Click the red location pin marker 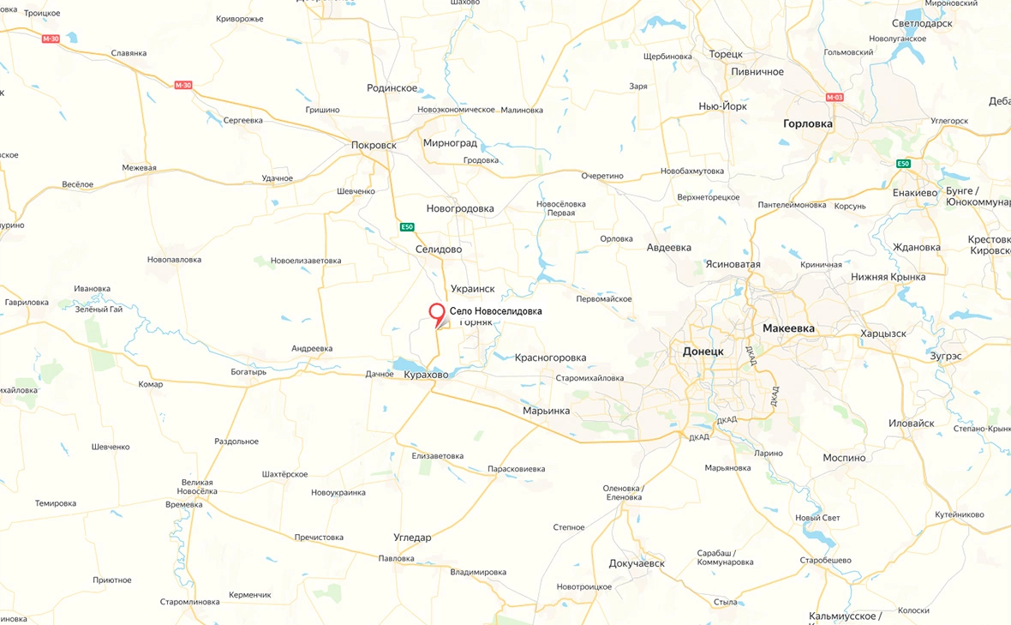(x=437, y=314)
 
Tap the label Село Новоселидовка (x=496, y=312)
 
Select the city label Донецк (x=703, y=352)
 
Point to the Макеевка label (x=788, y=328)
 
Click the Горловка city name (x=808, y=123)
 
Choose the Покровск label (x=374, y=145)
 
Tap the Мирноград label (x=450, y=143)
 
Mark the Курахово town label (x=426, y=375)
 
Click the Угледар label (x=412, y=538)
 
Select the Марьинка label (x=546, y=412)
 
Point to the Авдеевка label (x=669, y=248)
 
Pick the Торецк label (x=726, y=54)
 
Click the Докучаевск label (x=637, y=563)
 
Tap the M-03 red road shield (x=835, y=97)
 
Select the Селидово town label (x=438, y=249)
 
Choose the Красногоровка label (x=551, y=358)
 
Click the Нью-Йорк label (x=722, y=106)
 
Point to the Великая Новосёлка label (x=197, y=487)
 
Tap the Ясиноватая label (x=733, y=264)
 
